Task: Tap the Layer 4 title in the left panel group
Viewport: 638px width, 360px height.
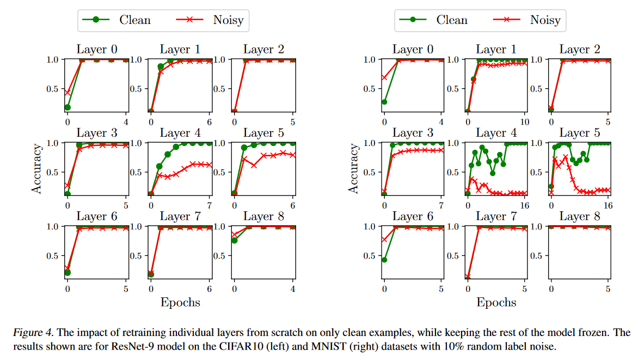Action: click(180, 133)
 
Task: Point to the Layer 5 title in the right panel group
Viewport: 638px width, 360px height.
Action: click(580, 133)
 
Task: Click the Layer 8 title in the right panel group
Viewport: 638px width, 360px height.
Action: click(580, 216)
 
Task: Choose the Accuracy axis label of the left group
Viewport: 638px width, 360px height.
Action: click(36, 168)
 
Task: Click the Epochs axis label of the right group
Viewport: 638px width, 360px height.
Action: click(496, 302)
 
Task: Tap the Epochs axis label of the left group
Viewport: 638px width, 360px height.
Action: click(180, 302)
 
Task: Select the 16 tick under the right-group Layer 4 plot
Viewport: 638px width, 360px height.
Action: click(525, 206)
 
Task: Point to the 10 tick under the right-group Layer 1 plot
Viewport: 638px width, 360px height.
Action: click(525, 122)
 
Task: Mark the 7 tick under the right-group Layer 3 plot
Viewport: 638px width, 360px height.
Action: click(441, 206)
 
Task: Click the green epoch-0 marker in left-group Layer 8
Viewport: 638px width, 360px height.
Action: click(235, 240)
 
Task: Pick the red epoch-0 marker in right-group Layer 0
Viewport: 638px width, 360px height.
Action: click(384, 77)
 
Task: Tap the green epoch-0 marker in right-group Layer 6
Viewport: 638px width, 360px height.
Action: click(384, 259)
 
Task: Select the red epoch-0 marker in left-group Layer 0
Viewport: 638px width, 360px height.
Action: click(68, 92)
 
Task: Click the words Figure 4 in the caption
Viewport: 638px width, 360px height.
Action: click(28, 333)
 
